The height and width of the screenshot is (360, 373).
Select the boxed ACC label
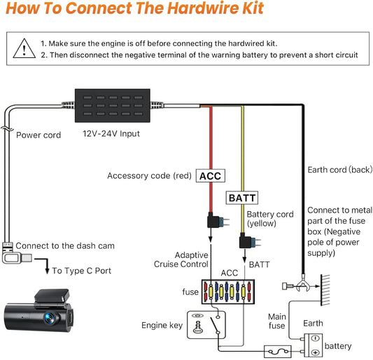tap(210, 175)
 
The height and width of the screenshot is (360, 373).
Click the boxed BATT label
tap(240, 199)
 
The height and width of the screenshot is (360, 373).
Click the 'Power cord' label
tap(38, 135)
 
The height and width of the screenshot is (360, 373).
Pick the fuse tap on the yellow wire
tap(246, 243)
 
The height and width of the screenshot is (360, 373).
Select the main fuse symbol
tap(278, 350)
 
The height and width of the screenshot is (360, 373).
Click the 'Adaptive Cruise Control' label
tap(181, 259)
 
